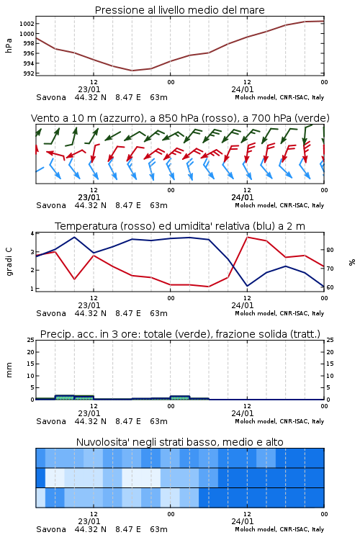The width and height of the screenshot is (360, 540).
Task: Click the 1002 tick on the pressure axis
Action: click(27, 24)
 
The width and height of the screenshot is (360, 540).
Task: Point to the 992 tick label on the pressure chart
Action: click(29, 73)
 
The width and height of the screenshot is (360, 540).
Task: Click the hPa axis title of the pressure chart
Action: click(9, 45)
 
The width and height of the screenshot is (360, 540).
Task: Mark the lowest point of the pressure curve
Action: click(132, 71)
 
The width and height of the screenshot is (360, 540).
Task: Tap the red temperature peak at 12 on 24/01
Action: click(247, 237)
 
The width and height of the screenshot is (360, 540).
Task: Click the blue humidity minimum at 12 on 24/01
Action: click(247, 286)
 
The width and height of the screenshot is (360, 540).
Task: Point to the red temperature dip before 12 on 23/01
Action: click(74, 279)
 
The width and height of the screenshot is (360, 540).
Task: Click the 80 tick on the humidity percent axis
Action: click(330, 250)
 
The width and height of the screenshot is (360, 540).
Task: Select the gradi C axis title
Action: click(9, 262)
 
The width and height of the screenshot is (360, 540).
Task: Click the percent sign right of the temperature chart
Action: click(352, 262)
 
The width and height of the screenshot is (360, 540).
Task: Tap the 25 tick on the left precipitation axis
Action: click(31, 340)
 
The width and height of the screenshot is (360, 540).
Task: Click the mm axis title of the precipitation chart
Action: click(9, 370)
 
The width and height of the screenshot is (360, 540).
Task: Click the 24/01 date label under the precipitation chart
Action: click(243, 413)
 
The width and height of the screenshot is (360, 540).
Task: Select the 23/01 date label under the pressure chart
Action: click(89, 89)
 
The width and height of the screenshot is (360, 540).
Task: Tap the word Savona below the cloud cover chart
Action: click(51, 529)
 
